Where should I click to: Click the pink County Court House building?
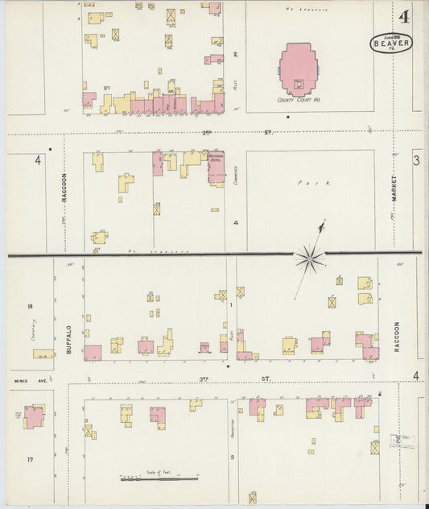(298, 71)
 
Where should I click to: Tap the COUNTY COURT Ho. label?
(298, 101)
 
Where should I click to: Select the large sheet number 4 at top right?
(402, 16)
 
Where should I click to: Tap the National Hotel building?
(216, 167)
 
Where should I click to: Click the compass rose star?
(309, 258)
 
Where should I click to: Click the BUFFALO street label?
(68, 339)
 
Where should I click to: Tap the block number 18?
(30, 306)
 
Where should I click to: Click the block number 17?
(30, 459)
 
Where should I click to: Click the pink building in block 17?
(34, 416)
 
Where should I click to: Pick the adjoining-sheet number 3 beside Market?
(416, 161)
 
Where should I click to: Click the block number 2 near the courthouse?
(236, 55)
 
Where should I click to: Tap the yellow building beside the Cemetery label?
(42, 354)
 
